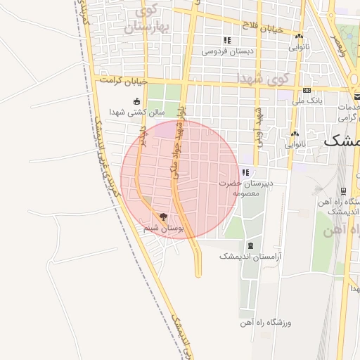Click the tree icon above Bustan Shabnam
pyautogui.click(x=163, y=217)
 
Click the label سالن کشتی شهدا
pyautogui.click(x=136, y=112)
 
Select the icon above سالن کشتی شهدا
pyautogui.click(x=136, y=101)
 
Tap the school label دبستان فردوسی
pyautogui.click(x=228, y=51)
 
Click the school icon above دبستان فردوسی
pyautogui.click(x=226, y=40)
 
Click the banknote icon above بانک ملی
pyautogui.click(x=307, y=90)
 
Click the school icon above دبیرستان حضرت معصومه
pyautogui.click(x=245, y=172)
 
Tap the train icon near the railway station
pyautogui.click(x=342, y=190)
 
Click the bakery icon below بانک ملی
pyautogui.click(x=295, y=134)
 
